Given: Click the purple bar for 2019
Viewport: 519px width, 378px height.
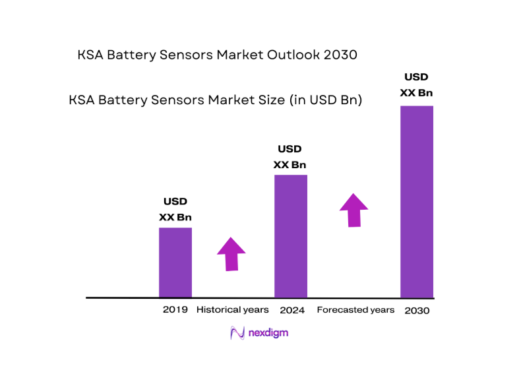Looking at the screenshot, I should point(175,262).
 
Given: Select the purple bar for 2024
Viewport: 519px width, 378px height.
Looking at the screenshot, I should point(291,236).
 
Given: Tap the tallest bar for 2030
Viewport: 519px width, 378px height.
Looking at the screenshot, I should point(417,201).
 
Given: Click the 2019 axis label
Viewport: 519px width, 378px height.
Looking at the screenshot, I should point(175,309).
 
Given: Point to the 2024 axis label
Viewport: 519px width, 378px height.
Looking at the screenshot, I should point(291,309).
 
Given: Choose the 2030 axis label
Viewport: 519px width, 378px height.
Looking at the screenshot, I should point(417,310).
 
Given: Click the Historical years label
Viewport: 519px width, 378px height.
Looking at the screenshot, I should point(233,309).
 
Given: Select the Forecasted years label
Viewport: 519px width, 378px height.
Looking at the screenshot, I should point(355,309).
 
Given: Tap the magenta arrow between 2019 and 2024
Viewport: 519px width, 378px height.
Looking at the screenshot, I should point(231,253).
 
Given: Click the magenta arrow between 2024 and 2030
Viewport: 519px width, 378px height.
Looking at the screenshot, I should point(354,210).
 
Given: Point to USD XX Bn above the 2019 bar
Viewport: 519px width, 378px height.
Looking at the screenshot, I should point(175,209).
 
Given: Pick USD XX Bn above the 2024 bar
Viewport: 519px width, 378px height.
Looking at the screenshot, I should point(290,157).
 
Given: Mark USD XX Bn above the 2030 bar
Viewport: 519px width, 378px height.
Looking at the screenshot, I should point(417,85).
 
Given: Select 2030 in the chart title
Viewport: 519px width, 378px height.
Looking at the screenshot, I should point(340,55).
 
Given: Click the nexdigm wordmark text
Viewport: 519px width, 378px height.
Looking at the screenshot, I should point(268,333).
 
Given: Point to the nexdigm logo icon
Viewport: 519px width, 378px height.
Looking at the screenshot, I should point(237,333).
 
